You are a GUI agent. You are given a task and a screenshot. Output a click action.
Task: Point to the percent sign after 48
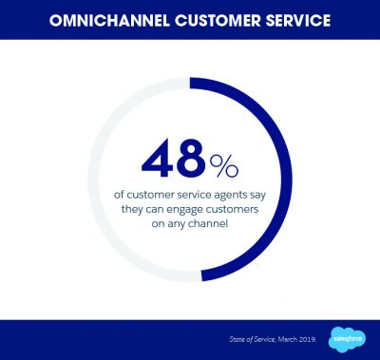click(224, 166)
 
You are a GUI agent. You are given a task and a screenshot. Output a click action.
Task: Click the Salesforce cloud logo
click(349, 339)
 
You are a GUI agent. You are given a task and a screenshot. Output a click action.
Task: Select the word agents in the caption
click(228, 195)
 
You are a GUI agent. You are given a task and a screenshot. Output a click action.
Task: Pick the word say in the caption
click(256, 196)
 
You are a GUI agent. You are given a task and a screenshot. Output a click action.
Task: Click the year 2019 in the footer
click(307, 339)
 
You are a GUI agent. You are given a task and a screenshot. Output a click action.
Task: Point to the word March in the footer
click(288, 339)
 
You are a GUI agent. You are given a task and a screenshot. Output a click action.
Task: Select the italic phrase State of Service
click(253, 339)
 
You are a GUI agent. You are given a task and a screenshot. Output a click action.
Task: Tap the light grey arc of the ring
click(93, 180)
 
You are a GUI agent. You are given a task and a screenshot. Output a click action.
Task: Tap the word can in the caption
click(154, 211)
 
